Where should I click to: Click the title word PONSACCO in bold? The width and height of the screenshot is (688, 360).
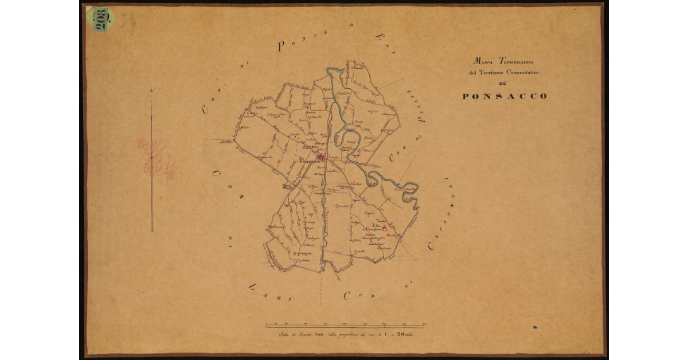point(505,96)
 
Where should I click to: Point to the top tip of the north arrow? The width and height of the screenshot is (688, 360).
point(151,89)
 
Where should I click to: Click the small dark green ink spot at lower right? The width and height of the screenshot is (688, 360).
point(535,328)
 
